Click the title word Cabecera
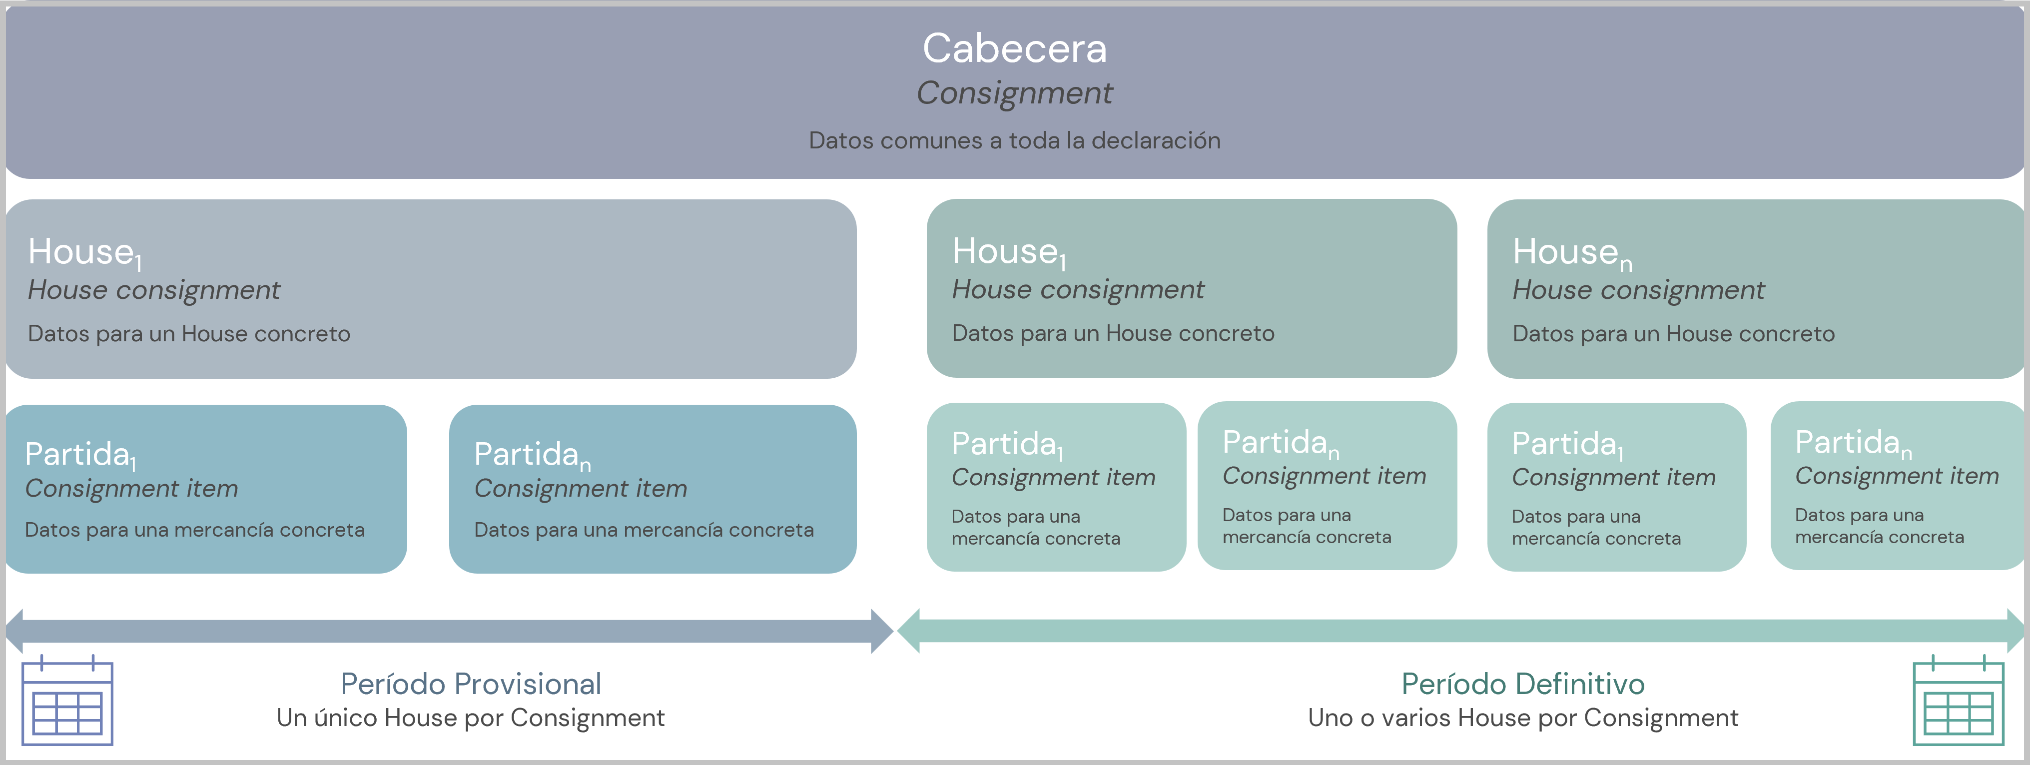(x=1014, y=49)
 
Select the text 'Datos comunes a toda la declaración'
(x=1014, y=141)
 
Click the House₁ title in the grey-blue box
(x=85, y=253)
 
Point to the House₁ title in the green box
(x=1009, y=252)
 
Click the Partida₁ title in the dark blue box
(x=80, y=455)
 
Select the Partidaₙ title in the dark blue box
(x=532, y=455)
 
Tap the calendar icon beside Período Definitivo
(x=1958, y=701)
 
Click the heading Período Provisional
(x=471, y=684)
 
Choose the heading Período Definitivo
(x=1522, y=684)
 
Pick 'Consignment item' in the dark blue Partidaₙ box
(x=581, y=489)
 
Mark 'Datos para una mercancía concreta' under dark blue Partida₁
(x=195, y=530)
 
